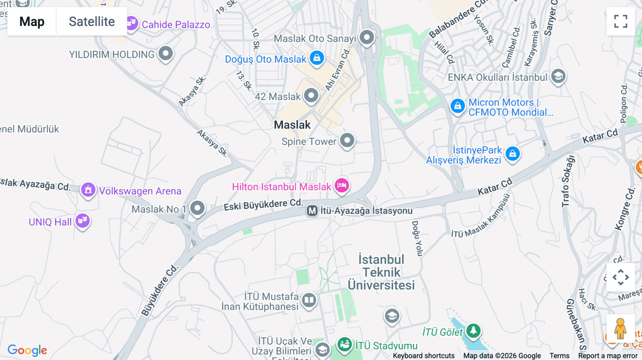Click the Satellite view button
coord(92,22)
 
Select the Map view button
coord(32,22)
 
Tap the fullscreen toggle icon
coord(621,21)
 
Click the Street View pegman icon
coord(620,328)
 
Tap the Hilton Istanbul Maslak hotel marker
coord(342,185)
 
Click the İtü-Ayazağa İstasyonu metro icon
coord(312,211)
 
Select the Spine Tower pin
coord(347,140)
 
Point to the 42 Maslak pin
coord(311,95)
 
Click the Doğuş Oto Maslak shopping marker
coord(317,57)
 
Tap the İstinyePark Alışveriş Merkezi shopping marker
coord(513,154)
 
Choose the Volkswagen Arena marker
coord(88,190)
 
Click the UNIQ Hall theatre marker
coord(82,221)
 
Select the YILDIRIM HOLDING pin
coord(165,53)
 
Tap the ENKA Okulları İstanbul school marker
coord(558,76)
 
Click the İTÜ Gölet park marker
coord(473,330)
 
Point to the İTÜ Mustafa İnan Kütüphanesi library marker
coord(309,300)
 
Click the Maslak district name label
coord(292,125)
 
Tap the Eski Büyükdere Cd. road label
coord(263,205)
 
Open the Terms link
coord(559,356)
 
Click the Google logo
coord(27,350)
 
